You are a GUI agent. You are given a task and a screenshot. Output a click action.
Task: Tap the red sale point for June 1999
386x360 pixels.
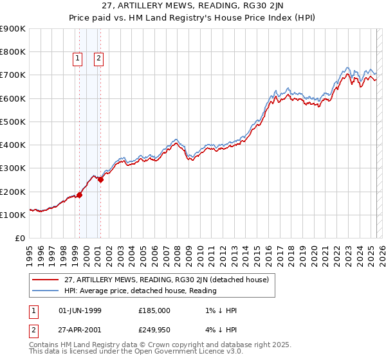pos(80,195)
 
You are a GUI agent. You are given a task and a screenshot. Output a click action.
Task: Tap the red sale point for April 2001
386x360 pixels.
pos(101,180)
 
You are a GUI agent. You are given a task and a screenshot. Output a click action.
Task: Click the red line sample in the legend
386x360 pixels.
pos(46,280)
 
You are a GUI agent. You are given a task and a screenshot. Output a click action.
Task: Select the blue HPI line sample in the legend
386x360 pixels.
pos(46,291)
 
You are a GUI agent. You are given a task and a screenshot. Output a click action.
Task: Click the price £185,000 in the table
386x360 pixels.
pos(154,310)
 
